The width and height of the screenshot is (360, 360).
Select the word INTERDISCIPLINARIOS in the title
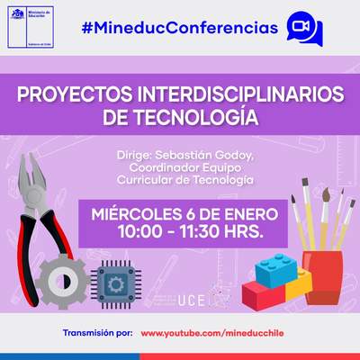point(228,94)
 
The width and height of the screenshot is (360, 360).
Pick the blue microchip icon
point(116,283)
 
